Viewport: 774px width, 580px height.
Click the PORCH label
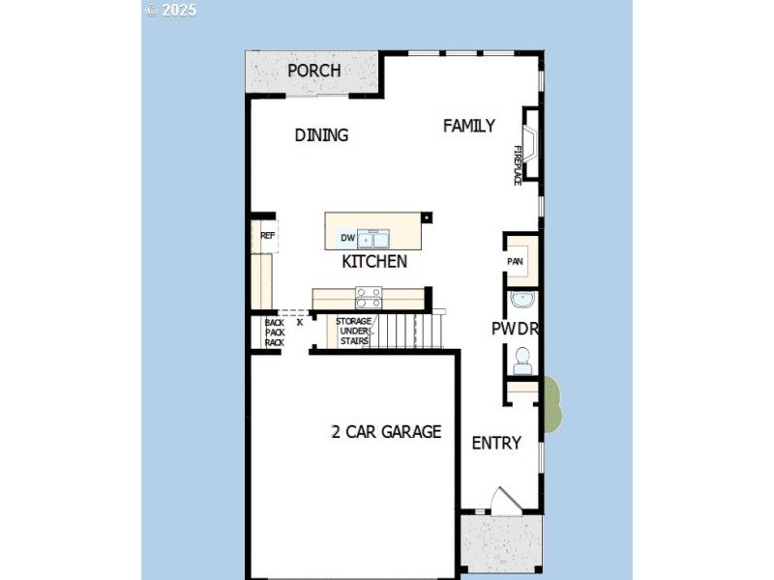(x=313, y=71)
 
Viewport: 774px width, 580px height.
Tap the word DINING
(x=321, y=135)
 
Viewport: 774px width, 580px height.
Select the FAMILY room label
(x=469, y=126)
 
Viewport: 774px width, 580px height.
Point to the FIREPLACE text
(x=518, y=165)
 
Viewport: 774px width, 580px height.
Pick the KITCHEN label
(x=374, y=262)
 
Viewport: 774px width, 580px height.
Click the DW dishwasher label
(x=347, y=238)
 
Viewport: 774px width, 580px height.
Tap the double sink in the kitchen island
(x=373, y=239)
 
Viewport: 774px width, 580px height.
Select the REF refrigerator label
(x=267, y=235)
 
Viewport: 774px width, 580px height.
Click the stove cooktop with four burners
(x=369, y=296)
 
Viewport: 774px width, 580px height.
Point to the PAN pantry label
(x=515, y=261)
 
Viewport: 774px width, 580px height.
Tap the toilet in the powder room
(x=522, y=360)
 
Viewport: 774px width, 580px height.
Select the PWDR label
(x=515, y=329)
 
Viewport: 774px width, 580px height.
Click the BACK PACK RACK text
(x=274, y=332)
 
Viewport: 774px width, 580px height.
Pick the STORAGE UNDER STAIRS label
(x=353, y=331)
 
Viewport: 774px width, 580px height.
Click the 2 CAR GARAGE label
(x=386, y=432)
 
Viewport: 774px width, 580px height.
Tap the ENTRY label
(x=496, y=443)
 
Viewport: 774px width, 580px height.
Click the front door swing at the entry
(x=505, y=500)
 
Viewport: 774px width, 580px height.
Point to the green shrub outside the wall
(x=551, y=404)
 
